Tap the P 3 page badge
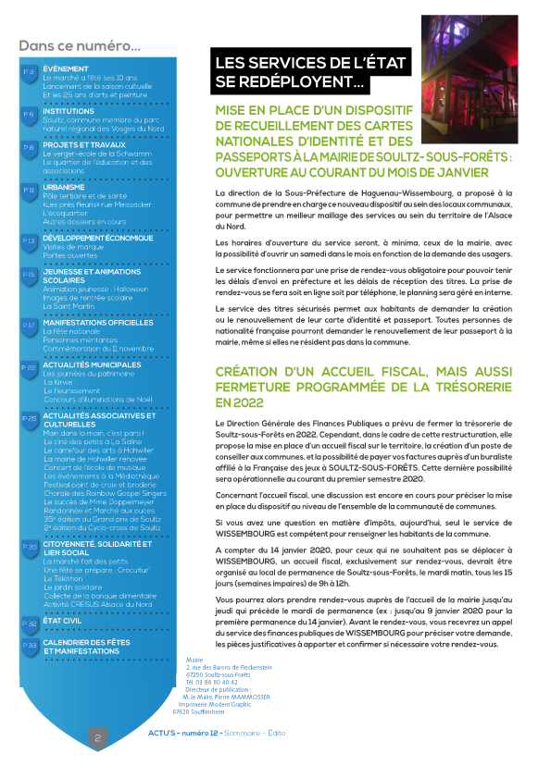click(29, 71)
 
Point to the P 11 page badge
click(29, 190)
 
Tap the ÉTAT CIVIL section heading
click(69, 622)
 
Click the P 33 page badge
click(29, 645)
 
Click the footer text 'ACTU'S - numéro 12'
click(182, 733)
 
